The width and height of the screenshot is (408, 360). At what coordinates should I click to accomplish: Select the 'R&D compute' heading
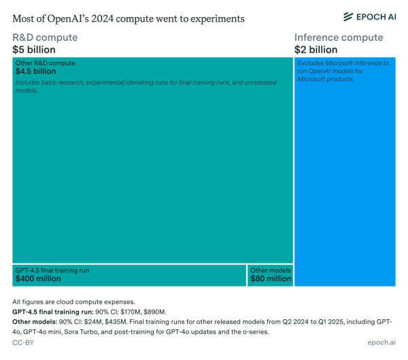click(45, 37)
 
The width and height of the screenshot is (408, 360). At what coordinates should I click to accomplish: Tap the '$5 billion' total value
click(34, 50)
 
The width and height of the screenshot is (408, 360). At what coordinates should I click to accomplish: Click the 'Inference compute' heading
click(339, 37)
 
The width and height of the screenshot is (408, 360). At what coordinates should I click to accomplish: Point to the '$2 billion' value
click(316, 50)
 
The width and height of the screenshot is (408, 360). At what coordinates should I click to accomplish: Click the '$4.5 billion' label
click(37, 71)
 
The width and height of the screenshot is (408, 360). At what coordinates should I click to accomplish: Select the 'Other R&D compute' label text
click(45, 63)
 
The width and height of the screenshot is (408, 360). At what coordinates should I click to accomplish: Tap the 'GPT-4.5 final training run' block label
click(52, 270)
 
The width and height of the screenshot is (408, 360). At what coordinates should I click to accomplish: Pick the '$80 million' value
click(270, 278)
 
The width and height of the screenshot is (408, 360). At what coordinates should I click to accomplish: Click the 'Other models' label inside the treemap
click(270, 270)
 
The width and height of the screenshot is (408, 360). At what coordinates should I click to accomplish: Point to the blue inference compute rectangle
click(345, 191)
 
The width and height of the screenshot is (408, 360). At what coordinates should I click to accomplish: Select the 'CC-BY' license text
click(23, 344)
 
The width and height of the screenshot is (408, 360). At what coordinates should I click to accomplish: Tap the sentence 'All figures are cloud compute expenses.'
click(73, 301)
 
